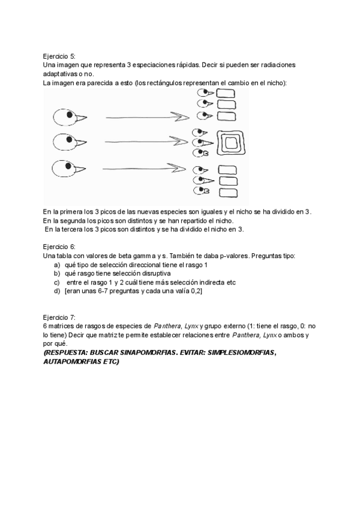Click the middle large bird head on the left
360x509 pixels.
click(64, 142)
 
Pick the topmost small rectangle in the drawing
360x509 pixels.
click(225, 93)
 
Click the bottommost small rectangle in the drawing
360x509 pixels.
click(227, 192)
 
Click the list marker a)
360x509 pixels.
click(57, 265)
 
